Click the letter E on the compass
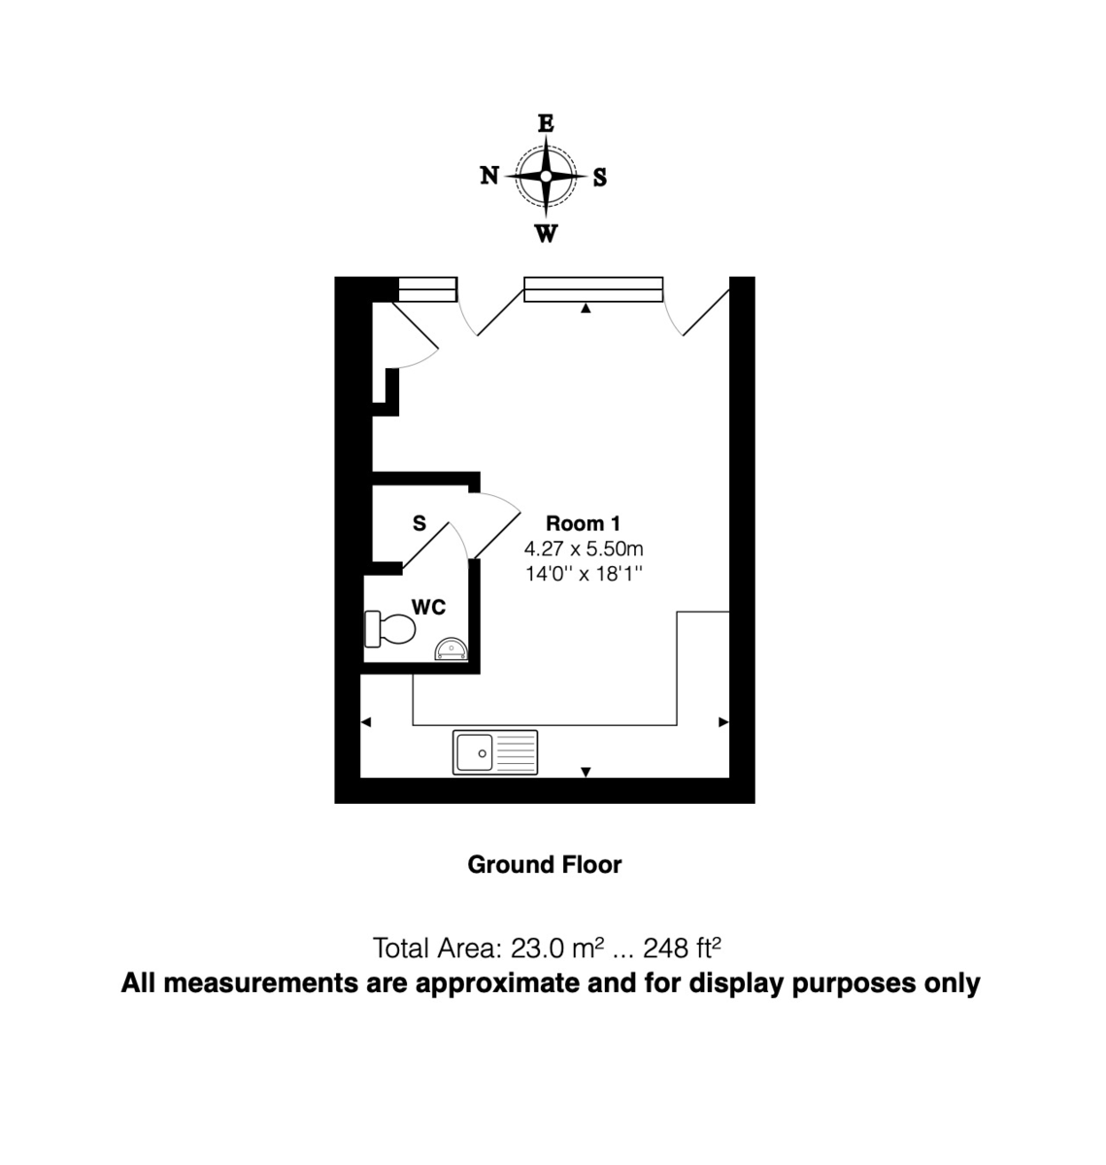(546, 123)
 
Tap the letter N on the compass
(489, 176)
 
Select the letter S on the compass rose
(600, 178)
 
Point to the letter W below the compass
(547, 234)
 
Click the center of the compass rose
(546, 176)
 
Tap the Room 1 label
(583, 524)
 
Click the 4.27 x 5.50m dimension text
(584, 549)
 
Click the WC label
(428, 607)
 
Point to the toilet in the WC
(390, 629)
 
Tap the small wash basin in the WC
(451, 648)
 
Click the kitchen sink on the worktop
(495, 752)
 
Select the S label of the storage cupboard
(419, 524)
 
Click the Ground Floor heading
(545, 864)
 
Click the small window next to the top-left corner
(427, 289)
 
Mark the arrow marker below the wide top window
(586, 309)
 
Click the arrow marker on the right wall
(722, 722)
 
